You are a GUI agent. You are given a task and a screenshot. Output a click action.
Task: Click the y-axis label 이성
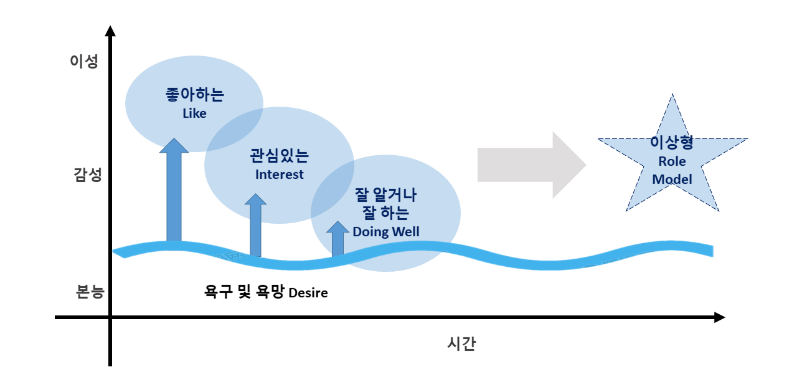tap(84, 62)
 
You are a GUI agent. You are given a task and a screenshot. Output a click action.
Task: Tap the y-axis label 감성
tap(84, 175)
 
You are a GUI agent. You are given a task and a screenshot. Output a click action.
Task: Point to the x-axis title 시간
tap(461, 343)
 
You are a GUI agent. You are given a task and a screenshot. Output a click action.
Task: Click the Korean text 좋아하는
tap(194, 95)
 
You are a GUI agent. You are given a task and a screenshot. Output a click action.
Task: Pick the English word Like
tap(194, 113)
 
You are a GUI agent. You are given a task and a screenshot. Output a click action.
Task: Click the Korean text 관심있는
tap(279, 156)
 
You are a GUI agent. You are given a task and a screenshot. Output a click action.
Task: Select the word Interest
tap(280, 175)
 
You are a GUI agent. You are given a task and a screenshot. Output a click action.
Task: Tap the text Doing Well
tap(386, 232)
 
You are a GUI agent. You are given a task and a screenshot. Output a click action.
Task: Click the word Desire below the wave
tap(308, 292)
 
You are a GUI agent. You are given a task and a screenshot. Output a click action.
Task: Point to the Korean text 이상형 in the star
tap(672, 143)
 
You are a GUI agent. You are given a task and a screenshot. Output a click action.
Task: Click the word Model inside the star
tap(672, 180)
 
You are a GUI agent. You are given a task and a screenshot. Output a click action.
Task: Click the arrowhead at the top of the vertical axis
tap(110, 31)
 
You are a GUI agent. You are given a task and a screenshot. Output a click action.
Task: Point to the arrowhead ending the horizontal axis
tap(720, 317)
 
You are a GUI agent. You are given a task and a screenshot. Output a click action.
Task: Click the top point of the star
tap(672, 96)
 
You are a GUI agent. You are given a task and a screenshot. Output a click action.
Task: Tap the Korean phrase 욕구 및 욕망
tap(245, 292)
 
